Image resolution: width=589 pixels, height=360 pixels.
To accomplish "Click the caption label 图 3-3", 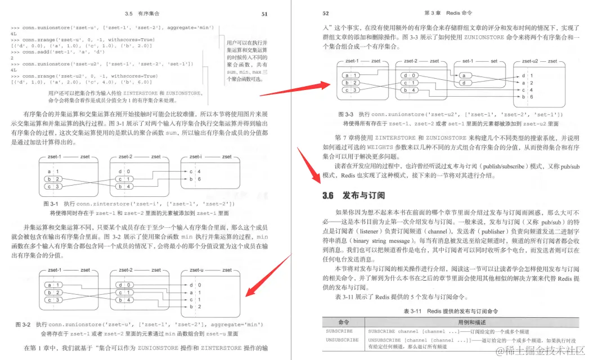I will [x=345, y=115].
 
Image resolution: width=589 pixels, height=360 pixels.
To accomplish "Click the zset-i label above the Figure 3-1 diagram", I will [x=196, y=156].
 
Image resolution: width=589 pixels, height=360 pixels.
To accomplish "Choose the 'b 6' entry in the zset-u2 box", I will [x=527, y=97].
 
